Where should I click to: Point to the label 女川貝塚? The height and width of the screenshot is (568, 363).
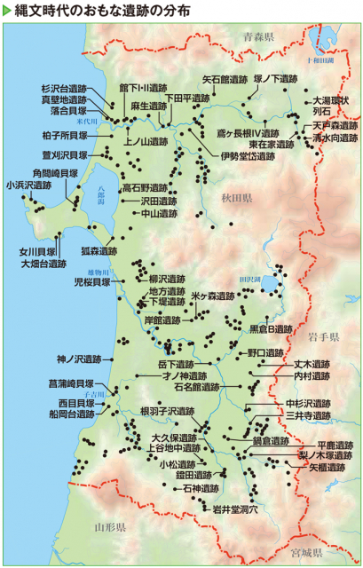pyautogui.click(x=38, y=251)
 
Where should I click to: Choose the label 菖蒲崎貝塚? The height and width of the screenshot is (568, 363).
pyautogui.click(x=71, y=383)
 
